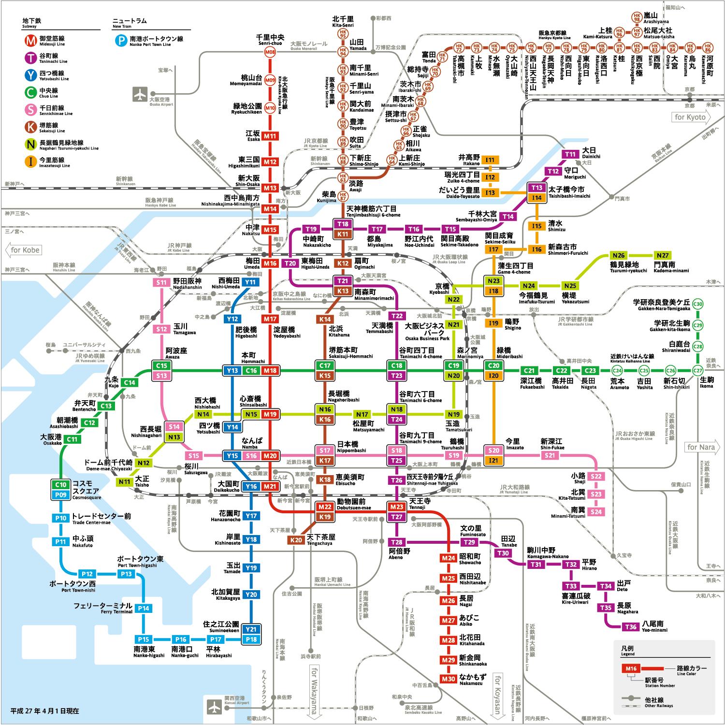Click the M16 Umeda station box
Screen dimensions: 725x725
coord(270,263)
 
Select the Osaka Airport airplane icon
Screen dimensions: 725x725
coord(140,94)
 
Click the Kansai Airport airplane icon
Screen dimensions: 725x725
coord(214,706)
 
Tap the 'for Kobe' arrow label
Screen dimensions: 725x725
coord(23,250)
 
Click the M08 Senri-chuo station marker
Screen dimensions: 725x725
coord(270,52)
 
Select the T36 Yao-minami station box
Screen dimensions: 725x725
coord(631,627)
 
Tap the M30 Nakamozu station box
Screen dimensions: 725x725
coord(449,679)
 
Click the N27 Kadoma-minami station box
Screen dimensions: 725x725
coord(662,255)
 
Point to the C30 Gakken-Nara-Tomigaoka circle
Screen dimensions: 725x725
coord(697,304)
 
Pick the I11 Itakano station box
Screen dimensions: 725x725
coord(490,160)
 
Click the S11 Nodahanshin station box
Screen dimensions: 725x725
coord(161,283)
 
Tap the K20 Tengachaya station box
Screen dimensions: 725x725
coord(296,540)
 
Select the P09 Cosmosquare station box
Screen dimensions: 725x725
coord(60,495)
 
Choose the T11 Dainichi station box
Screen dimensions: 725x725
coord(570,154)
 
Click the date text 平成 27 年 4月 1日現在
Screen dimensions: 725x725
coord(45,711)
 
